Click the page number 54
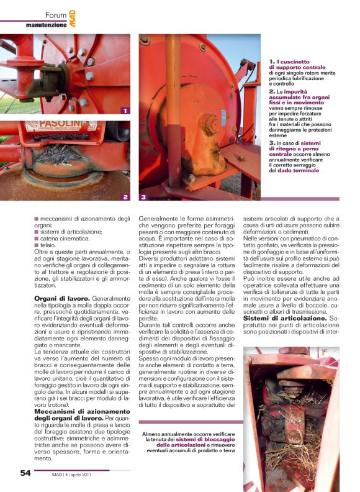tap(25, 473)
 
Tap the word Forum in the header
tap(56, 14)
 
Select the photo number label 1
tap(125, 111)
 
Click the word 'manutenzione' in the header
tap(45, 25)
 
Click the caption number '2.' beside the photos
tap(272, 91)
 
